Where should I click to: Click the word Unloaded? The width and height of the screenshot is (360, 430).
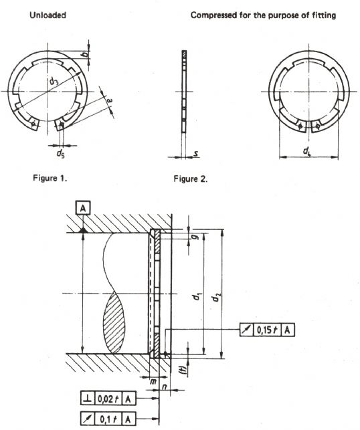tap(48, 15)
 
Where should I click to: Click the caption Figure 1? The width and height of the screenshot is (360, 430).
tap(50, 179)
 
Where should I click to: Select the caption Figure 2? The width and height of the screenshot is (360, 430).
tap(191, 179)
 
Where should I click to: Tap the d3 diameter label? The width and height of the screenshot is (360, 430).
tap(54, 81)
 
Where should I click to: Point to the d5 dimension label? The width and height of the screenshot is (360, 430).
tap(61, 153)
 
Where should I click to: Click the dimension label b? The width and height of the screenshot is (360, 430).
tap(86, 54)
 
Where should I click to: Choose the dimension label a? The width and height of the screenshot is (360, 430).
tap(109, 100)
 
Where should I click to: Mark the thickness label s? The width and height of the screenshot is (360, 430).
tap(196, 154)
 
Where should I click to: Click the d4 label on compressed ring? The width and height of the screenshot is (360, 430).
tap(306, 150)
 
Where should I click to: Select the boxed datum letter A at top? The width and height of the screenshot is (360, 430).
tap(83, 209)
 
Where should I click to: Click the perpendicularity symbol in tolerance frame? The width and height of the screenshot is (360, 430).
tap(88, 399)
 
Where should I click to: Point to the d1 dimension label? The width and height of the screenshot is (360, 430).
tap(197, 296)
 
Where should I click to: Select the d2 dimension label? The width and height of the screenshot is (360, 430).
tap(217, 297)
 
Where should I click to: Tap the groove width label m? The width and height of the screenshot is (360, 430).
tap(153, 381)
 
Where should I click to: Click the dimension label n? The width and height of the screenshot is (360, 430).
tap(165, 387)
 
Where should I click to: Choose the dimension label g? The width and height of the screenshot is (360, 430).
tap(195, 237)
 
